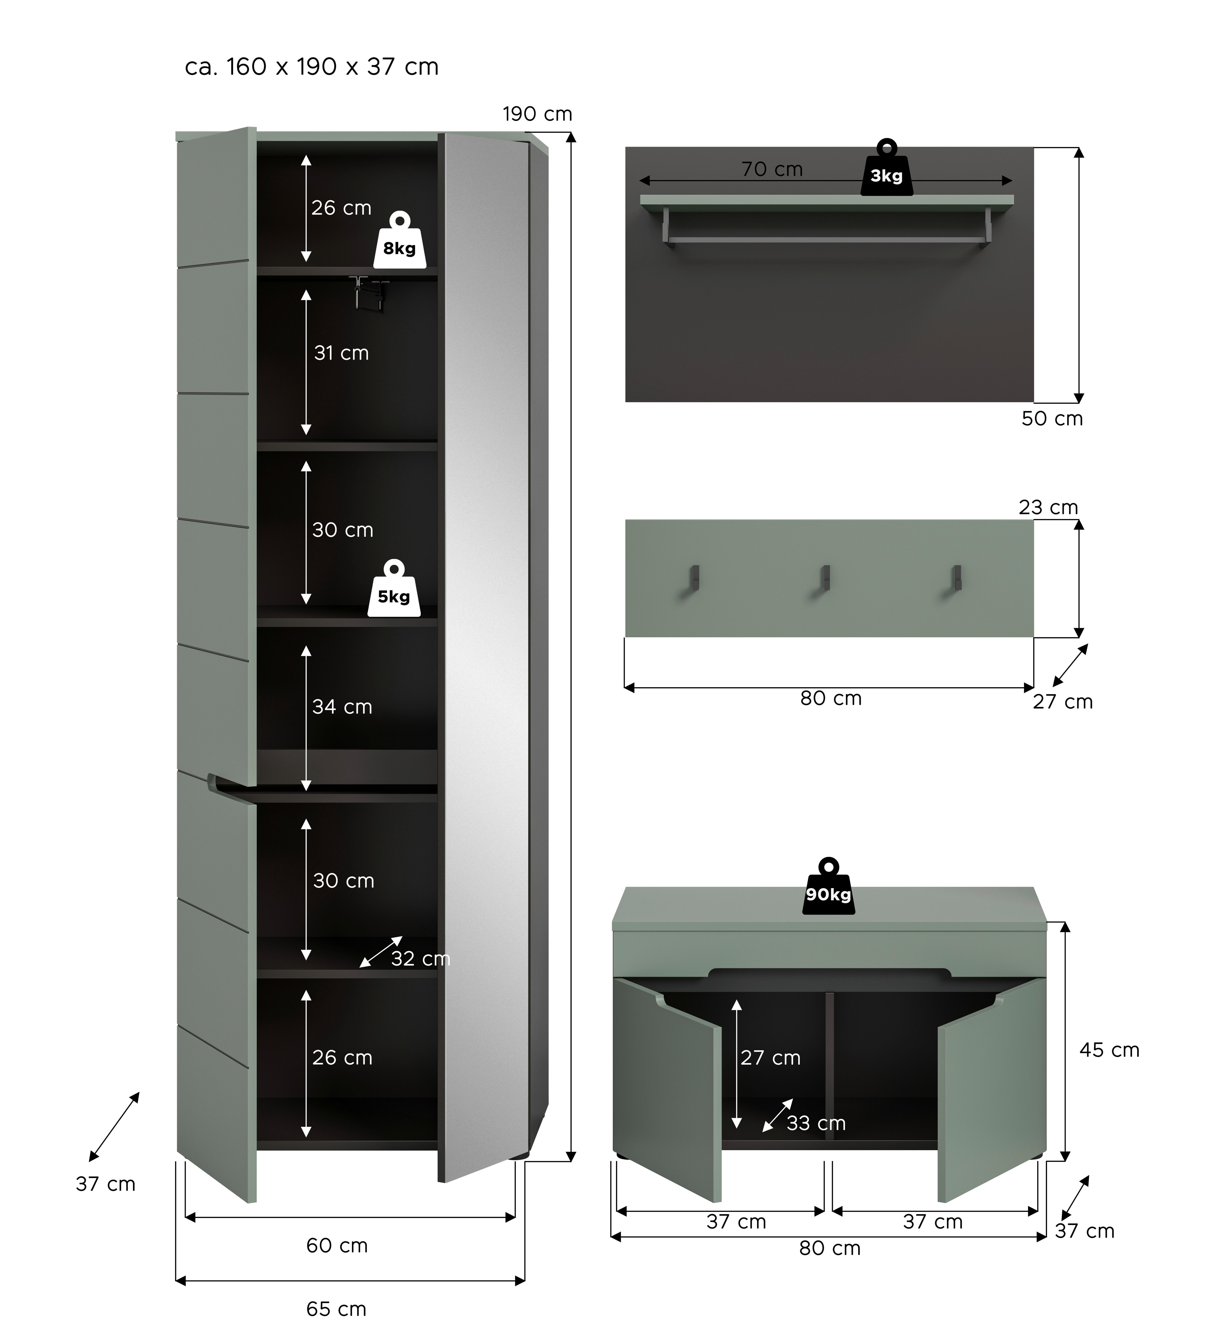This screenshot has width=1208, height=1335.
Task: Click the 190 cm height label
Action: click(x=537, y=114)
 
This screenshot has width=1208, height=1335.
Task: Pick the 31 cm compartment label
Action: click(x=341, y=353)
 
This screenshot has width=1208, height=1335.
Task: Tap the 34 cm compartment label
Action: click(x=342, y=707)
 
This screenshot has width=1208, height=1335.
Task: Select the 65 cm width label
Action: click(x=336, y=1308)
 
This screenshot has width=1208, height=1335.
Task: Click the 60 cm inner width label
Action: click(x=336, y=1245)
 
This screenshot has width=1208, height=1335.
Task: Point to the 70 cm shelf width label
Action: click(x=772, y=170)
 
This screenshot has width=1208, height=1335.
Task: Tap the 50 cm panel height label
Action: click(x=1052, y=419)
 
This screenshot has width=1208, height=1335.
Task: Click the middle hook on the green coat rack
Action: click(x=825, y=578)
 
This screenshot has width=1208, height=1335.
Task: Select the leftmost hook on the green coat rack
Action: click(x=693, y=578)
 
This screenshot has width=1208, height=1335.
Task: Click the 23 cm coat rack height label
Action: click(x=1048, y=507)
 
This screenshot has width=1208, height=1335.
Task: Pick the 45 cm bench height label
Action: click(x=1109, y=1050)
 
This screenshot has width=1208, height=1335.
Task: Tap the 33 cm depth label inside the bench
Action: click(x=816, y=1123)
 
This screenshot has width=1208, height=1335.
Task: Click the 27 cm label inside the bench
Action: click(x=770, y=1057)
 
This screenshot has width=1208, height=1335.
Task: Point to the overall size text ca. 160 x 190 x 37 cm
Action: click(x=311, y=67)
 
